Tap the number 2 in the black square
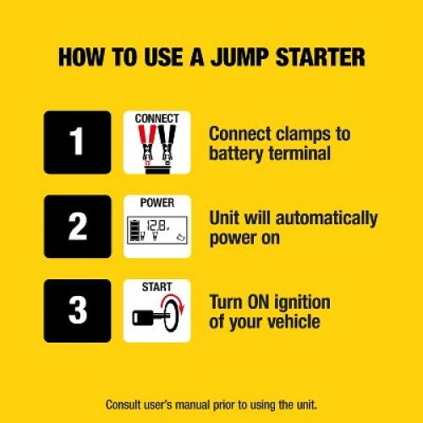tap(77, 226)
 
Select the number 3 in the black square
tap(77, 310)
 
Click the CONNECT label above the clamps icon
tap(157, 118)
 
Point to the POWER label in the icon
tap(157, 203)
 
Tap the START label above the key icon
tap(157, 288)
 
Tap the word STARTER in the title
tap(326, 58)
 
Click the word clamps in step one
tap(307, 134)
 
